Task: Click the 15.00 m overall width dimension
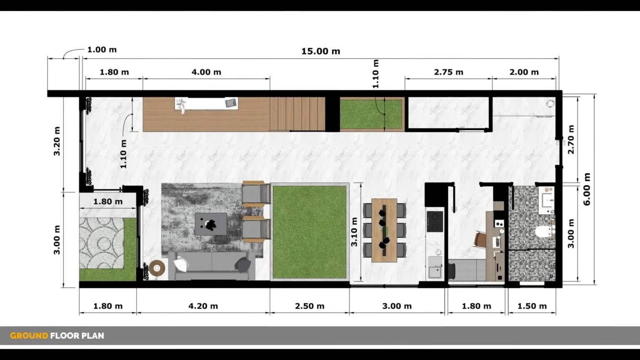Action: click(320, 51)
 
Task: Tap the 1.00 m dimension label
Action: click(102, 50)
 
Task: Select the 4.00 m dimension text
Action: click(206, 72)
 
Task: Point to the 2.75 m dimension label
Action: click(448, 72)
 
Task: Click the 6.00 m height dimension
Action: click(587, 189)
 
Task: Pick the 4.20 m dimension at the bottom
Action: click(203, 306)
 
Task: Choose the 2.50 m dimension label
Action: click(310, 306)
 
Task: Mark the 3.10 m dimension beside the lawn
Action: click(355, 232)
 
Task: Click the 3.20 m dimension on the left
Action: click(57, 141)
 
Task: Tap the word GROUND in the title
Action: click(29, 336)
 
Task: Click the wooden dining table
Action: click(384, 230)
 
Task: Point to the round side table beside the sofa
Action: click(157, 268)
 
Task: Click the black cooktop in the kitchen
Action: click(435, 221)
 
